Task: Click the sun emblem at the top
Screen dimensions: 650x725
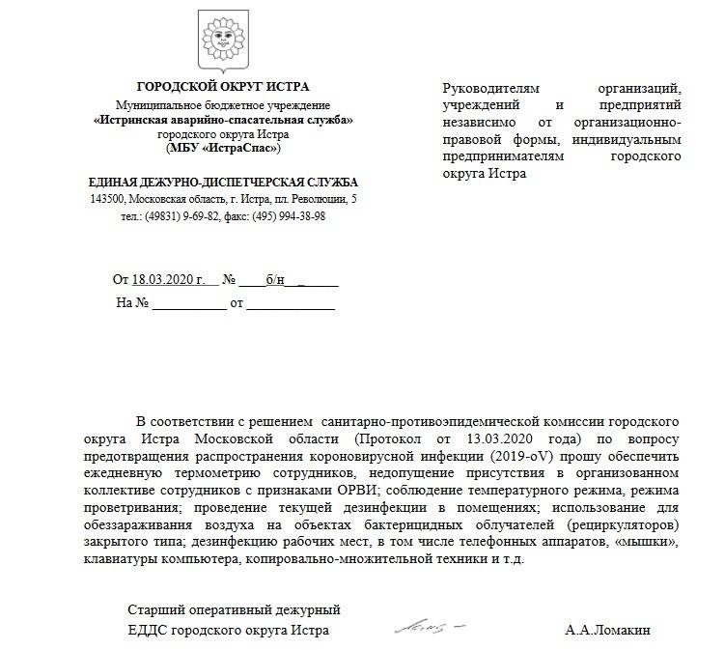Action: pos(223,42)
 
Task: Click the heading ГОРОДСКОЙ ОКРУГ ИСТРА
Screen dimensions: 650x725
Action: pos(223,87)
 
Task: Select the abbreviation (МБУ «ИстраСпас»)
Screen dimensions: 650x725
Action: pos(223,148)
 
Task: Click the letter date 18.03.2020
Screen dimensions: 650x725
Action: pos(163,280)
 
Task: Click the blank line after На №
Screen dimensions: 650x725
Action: pos(188,302)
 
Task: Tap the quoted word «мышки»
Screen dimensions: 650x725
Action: pos(649,542)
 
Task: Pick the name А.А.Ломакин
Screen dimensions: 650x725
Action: pos(608,631)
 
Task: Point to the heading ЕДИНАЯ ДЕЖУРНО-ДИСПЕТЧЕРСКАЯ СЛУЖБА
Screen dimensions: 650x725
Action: pos(223,182)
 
